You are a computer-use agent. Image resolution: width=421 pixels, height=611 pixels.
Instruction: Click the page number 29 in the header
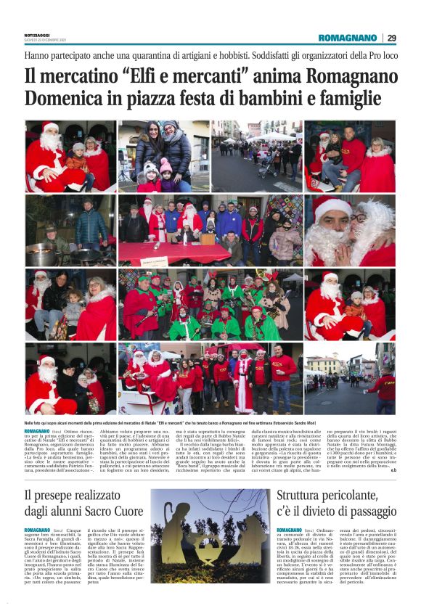click(x=391, y=38)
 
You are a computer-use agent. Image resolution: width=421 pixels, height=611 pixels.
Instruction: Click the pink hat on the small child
click(x=165, y=166)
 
